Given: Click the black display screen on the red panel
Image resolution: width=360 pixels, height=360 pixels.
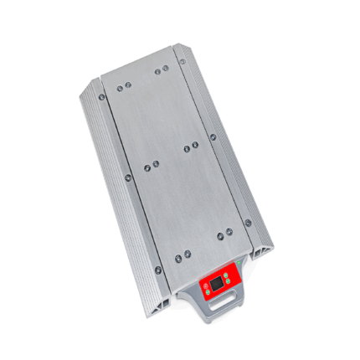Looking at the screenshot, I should coord(217,285).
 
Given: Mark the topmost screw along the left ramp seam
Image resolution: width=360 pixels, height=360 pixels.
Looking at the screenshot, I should coord(102,96).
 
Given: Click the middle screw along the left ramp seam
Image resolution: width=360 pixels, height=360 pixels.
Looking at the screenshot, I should coord(128,177).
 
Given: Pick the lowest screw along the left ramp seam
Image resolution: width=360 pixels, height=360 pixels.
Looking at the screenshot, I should coord(157,270).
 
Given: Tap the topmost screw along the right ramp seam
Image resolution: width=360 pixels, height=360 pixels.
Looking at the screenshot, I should coord(182,60).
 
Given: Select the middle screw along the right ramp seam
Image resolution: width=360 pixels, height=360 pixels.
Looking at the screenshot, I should coord(213,137).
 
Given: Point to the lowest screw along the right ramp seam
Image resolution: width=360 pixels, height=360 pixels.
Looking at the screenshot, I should coord(247,222).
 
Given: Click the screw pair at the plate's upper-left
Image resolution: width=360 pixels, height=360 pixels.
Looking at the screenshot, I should coord(123,87).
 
